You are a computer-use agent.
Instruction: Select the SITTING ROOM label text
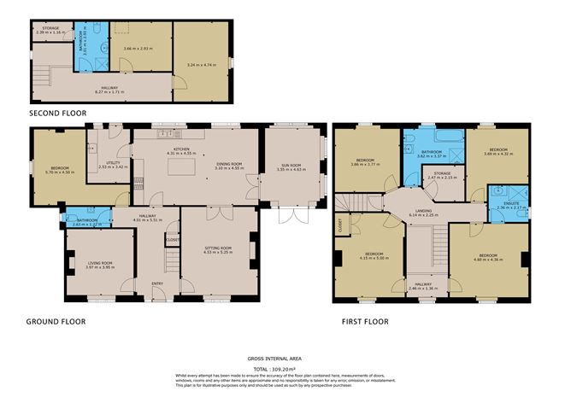(218, 248)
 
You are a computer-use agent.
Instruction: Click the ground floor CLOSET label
(173, 240)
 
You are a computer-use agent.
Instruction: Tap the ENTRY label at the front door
(157, 283)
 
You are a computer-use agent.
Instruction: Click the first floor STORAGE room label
(443, 173)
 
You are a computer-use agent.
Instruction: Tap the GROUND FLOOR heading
(56, 322)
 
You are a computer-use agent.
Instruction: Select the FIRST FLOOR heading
(364, 322)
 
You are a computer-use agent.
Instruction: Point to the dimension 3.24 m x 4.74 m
(202, 65)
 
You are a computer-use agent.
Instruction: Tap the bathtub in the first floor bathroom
(445, 137)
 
